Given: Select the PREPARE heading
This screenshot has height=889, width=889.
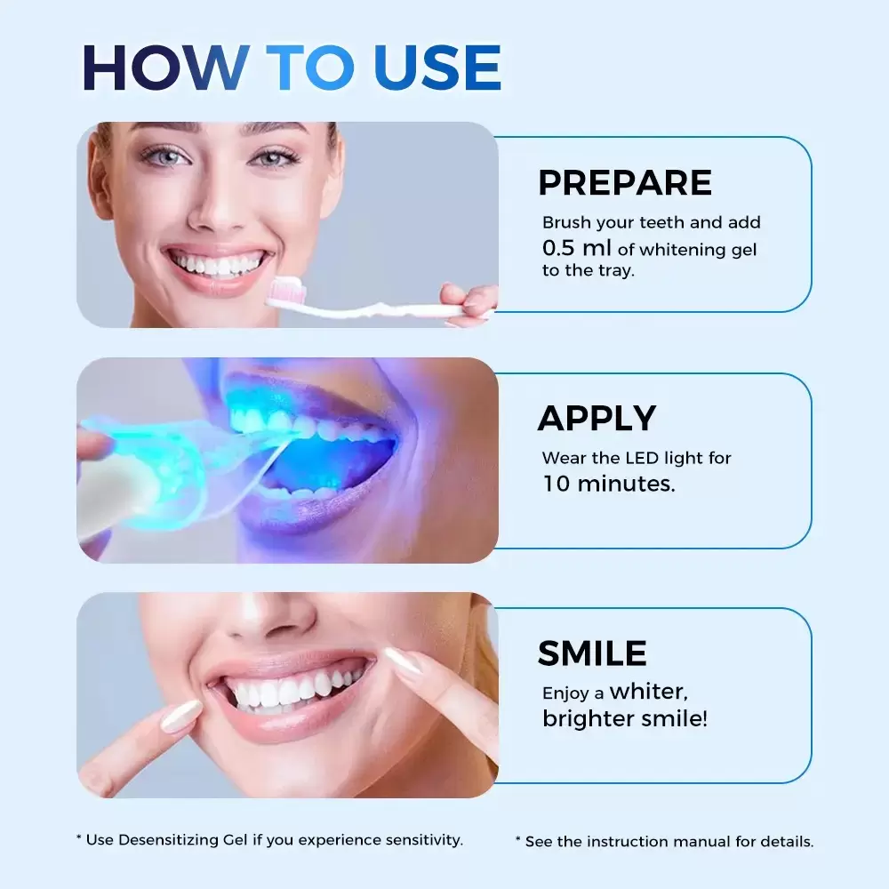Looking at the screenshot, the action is [x=625, y=182].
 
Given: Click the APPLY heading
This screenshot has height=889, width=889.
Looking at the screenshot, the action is [x=597, y=419].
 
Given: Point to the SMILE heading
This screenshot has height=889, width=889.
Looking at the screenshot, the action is [x=592, y=653].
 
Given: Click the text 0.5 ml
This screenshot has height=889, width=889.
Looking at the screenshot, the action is [x=577, y=248].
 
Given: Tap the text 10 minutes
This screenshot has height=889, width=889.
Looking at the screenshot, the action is [x=609, y=484].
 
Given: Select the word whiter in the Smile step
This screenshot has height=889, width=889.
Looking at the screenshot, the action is [x=649, y=692].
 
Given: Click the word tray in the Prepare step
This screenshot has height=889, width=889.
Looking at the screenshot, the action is [x=617, y=271].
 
